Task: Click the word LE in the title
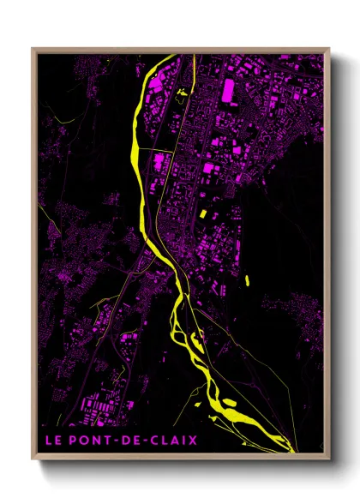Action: click(53, 441)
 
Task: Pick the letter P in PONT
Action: click(72, 441)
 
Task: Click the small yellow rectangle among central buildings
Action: click(203, 214)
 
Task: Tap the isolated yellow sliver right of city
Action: click(246, 279)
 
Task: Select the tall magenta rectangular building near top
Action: click(229, 91)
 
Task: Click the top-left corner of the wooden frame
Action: click(33, 49)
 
